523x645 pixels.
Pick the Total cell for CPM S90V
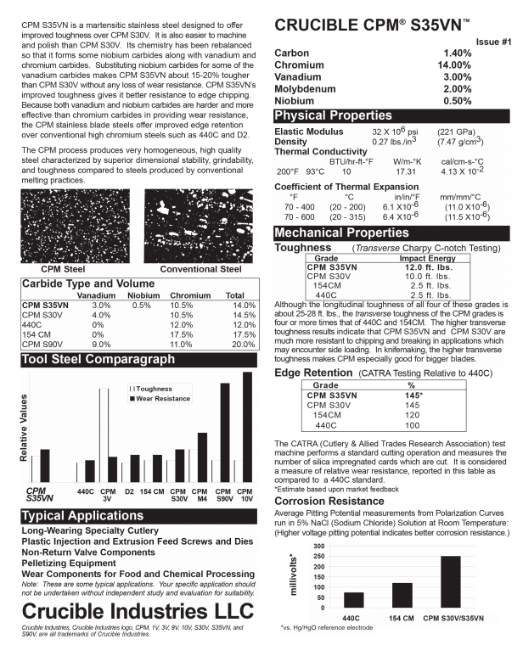pos(244,345)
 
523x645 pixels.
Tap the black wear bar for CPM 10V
pos(247,427)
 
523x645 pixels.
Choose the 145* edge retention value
pos(414,395)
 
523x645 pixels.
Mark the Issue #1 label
pos(492,41)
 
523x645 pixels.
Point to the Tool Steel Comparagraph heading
pos(102,360)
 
